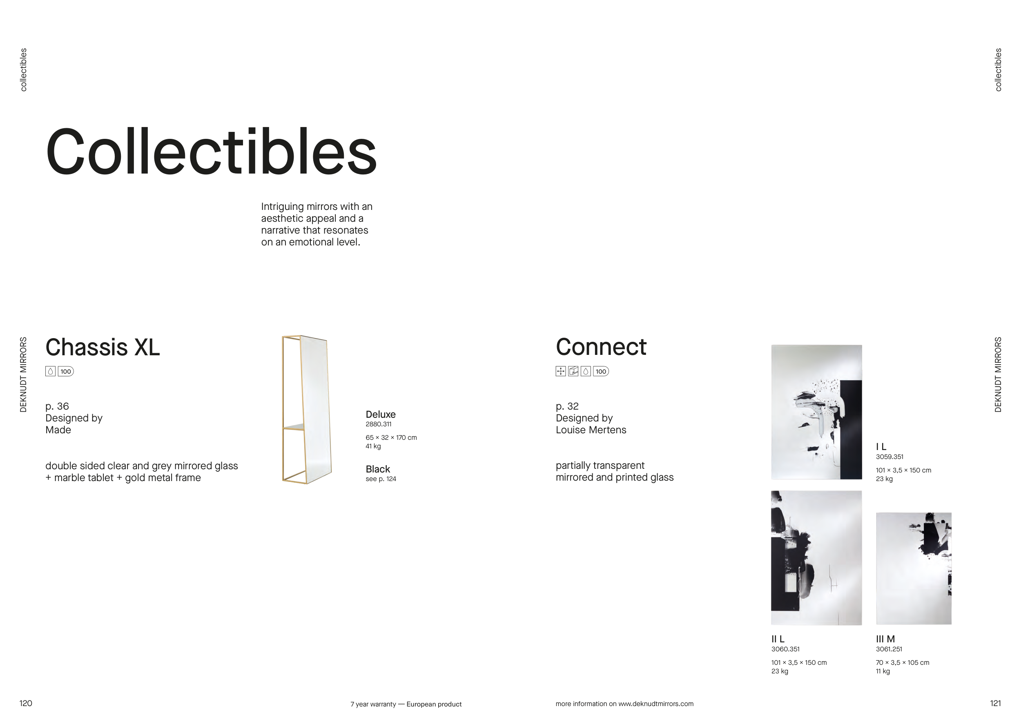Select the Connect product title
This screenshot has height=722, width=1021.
(x=601, y=347)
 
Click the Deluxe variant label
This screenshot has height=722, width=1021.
(x=381, y=414)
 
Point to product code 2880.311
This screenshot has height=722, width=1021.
(x=379, y=424)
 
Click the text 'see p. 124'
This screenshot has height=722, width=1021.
(x=381, y=479)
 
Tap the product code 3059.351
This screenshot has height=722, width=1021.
(x=889, y=457)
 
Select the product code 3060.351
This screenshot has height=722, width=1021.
(x=785, y=649)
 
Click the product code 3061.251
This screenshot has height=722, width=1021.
(x=889, y=649)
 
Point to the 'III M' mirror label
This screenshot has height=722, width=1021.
(x=885, y=639)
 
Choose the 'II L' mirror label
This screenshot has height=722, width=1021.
(x=778, y=639)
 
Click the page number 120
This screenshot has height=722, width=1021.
(x=26, y=703)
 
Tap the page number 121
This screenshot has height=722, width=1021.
(x=996, y=703)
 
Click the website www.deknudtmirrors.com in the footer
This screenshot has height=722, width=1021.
(x=656, y=704)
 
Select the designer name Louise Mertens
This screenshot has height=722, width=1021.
(x=591, y=430)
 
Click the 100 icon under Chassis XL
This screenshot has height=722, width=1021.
(x=66, y=371)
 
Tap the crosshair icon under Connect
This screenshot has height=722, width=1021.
(x=561, y=371)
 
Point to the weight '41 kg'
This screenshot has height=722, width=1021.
(x=373, y=446)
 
